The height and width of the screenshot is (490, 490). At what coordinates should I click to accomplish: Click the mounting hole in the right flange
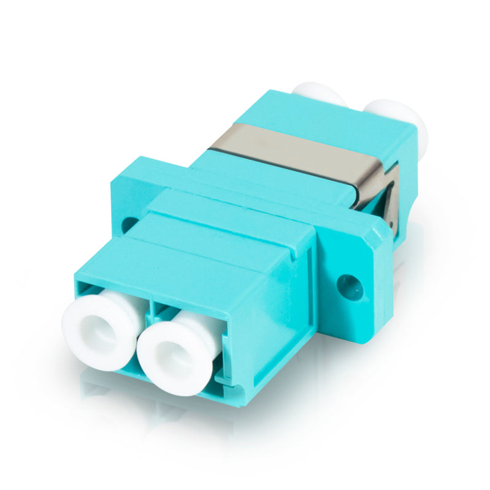tap(350, 287)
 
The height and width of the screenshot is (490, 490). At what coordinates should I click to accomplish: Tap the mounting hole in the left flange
tap(129, 224)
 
